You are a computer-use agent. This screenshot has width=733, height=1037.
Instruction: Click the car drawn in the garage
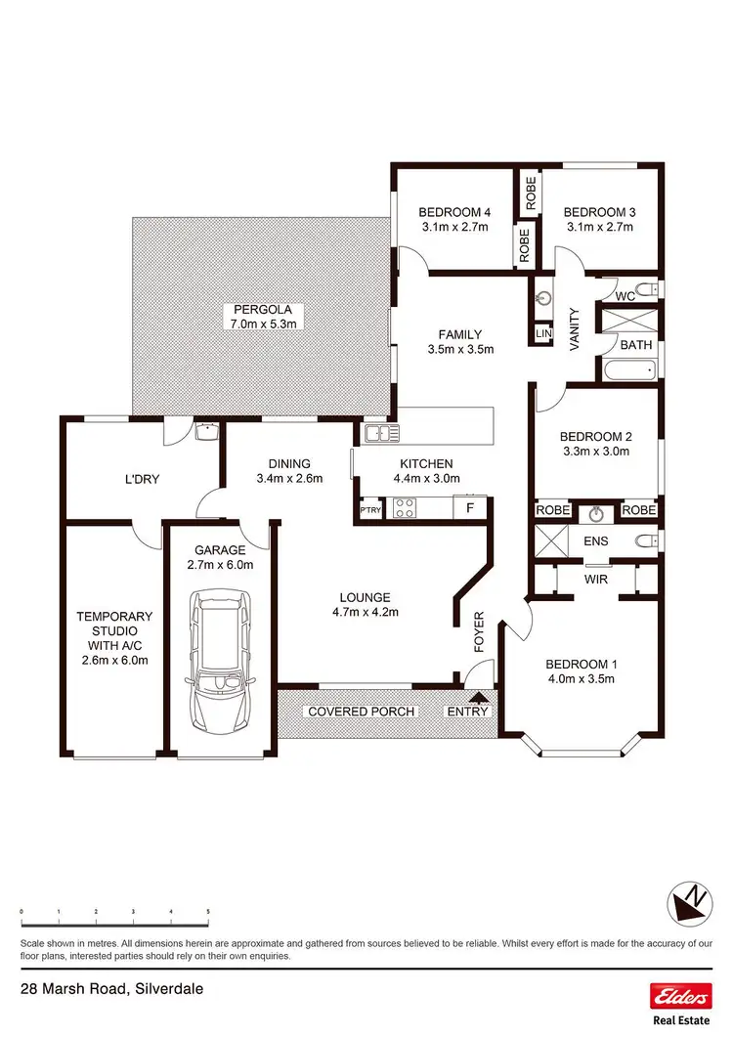(220, 662)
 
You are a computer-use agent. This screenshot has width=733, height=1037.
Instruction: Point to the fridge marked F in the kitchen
(470, 508)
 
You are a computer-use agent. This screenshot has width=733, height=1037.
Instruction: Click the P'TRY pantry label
(369, 509)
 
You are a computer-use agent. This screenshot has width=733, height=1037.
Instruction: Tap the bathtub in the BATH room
(626, 370)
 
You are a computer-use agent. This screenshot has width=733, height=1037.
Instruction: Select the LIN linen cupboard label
(543, 333)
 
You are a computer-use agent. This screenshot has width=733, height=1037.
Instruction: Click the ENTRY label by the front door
(466, 712)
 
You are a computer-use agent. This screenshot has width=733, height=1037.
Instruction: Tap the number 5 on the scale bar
(208, 911)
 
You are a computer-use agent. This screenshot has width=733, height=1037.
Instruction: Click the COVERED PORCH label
(361, 712)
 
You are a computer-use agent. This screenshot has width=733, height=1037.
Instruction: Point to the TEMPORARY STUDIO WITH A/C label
(115, 638)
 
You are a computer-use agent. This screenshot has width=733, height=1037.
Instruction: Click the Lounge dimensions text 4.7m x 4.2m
(366, 613)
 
